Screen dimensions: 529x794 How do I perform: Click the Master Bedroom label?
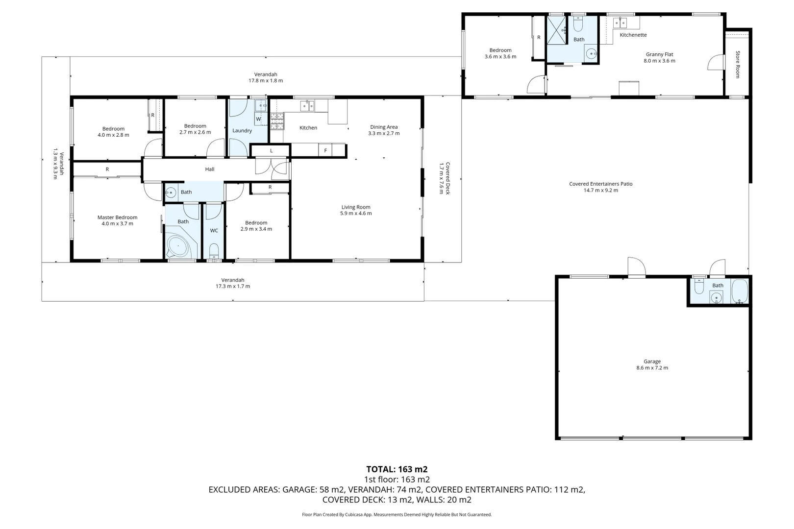click(x=117, y=217)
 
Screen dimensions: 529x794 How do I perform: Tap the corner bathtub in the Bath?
click(x=179, y=246)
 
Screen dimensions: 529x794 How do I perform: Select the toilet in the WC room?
click(x=214, y=251)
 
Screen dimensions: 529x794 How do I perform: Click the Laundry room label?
click(x=242, y=131)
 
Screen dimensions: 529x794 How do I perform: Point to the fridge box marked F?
click(x=325, y=150)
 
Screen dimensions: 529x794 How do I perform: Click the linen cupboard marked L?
click(x=271, y=150)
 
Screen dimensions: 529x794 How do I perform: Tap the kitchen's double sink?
click(x=307, y=105)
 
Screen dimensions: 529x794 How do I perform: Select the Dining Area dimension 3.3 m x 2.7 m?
click(x=384, y=133)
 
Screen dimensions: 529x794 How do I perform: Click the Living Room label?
click(x=356, y=207)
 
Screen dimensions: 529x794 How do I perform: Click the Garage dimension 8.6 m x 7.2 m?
click(x=652, y=368)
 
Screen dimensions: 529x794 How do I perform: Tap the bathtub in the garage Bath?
click(x=739, y=292)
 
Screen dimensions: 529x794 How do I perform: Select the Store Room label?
click(x=737, y=64)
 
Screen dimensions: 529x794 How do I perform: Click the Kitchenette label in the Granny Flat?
click(x=633, y=35)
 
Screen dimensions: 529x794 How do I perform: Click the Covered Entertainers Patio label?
click(x=600, y=184)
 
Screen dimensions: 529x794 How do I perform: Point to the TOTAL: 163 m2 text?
click(x=397, y=469)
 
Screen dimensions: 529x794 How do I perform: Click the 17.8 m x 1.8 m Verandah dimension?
click(x=266, y=81)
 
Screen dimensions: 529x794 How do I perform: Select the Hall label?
click(x=210, y=169)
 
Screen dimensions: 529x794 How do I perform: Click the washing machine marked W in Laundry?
click(x=259, y=119)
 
